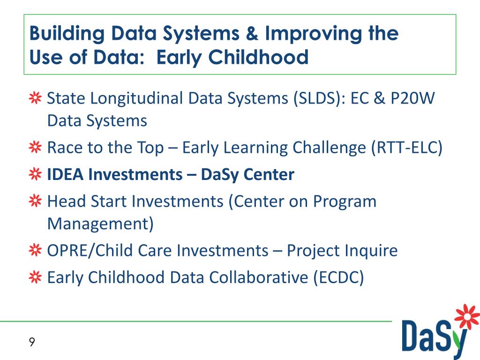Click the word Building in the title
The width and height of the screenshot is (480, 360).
67,34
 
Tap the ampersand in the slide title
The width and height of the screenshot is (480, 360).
252,33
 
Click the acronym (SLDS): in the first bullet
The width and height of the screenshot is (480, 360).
319,98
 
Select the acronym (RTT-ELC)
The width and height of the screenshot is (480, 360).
407,148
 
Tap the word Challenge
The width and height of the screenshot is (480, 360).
329,148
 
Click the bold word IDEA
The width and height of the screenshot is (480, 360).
65,174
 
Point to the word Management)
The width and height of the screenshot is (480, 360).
100,224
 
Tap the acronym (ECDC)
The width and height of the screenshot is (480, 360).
338,277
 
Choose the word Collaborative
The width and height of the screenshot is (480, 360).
259,277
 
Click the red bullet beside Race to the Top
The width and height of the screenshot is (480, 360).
35,147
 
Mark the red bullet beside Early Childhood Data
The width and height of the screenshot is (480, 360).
35,277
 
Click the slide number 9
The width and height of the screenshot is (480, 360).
32,342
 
